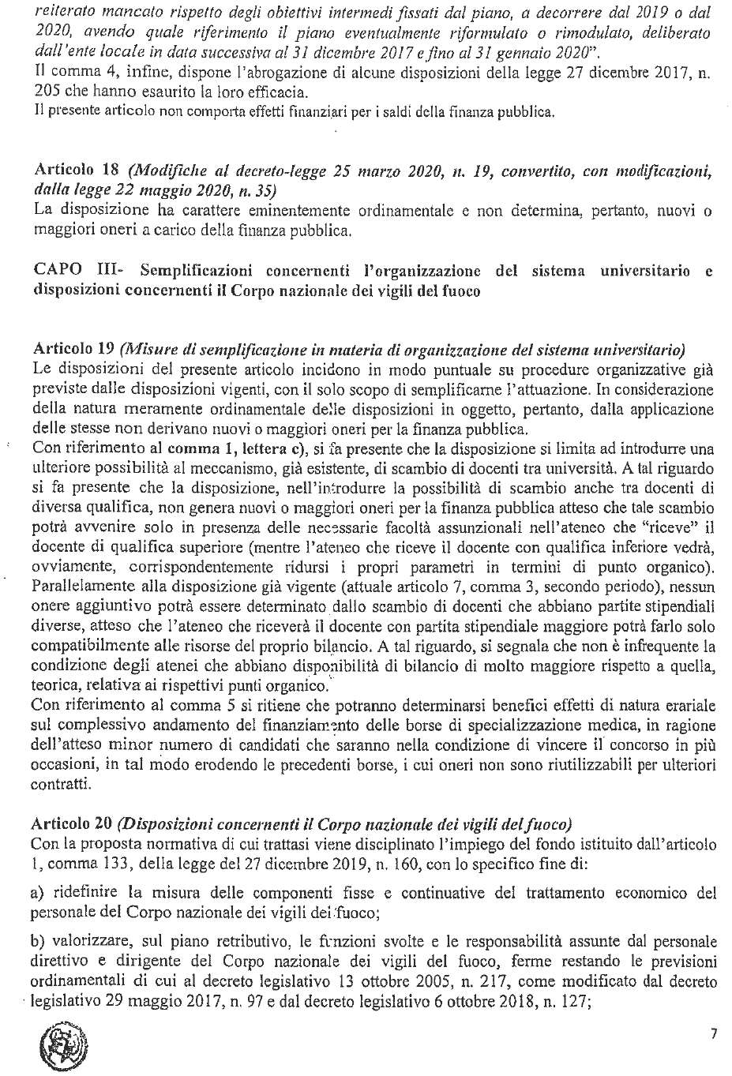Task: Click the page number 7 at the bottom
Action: point(713,1034)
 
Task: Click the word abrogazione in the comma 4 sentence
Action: point(283,73)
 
